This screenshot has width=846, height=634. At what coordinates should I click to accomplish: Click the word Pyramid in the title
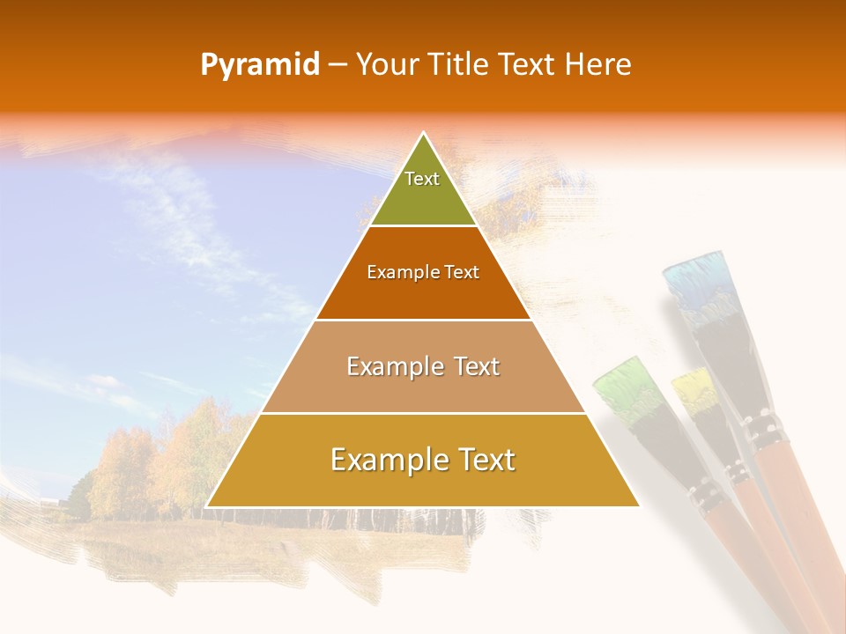tap(259, 65)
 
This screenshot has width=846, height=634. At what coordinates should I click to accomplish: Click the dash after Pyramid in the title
tap(337, 66)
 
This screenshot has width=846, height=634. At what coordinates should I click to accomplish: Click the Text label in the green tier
tap(422, 179)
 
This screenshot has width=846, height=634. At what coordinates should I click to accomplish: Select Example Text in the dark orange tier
tap(423, 272)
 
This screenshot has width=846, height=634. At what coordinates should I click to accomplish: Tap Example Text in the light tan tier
tap(423, 366)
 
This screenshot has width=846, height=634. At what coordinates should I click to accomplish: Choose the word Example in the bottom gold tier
tap(385, 460)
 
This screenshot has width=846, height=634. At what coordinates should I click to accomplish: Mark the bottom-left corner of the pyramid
tap(207, 505)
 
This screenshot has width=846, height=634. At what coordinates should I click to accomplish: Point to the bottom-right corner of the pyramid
tap(639, 505)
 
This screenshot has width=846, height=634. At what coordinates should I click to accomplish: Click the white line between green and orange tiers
tap(423, 226)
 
